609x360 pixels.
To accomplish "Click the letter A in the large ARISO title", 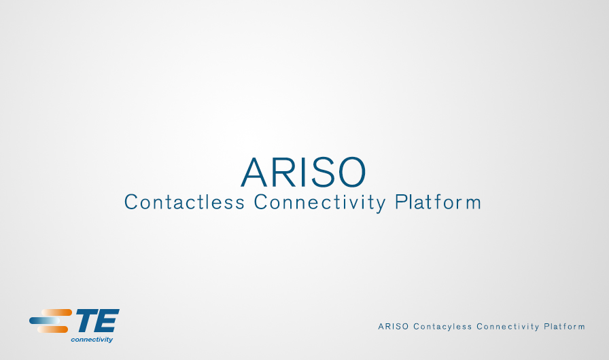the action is (x=254, y=172).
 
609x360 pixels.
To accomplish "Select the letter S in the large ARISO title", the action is (x=322, y=172).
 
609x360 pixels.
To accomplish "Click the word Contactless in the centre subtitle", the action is (x=184, y=202).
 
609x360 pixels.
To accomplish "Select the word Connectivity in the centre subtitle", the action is (x=319, y=203).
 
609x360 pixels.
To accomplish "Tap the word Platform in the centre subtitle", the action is (x=438, y=202).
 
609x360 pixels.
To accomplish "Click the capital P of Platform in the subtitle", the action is (x=400, y=202).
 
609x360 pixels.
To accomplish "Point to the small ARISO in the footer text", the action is (x=394, y=327).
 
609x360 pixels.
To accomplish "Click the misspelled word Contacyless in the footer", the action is (x=442, y=327).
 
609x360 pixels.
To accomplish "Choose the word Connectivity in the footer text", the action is (x=508, y=327).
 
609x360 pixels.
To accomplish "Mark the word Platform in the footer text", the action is (x=564, y=327).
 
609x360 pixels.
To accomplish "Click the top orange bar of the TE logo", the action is (x=56, y=312).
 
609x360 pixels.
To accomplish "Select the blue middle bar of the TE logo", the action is (x=45, y=321).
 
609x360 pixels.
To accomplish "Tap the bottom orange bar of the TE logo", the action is (x=53, y=329).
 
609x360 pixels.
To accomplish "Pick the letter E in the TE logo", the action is (x=107, y=321).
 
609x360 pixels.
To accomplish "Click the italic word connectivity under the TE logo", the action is (x=92, y=340).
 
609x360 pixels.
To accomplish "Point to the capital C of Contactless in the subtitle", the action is (x=131, y=202).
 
